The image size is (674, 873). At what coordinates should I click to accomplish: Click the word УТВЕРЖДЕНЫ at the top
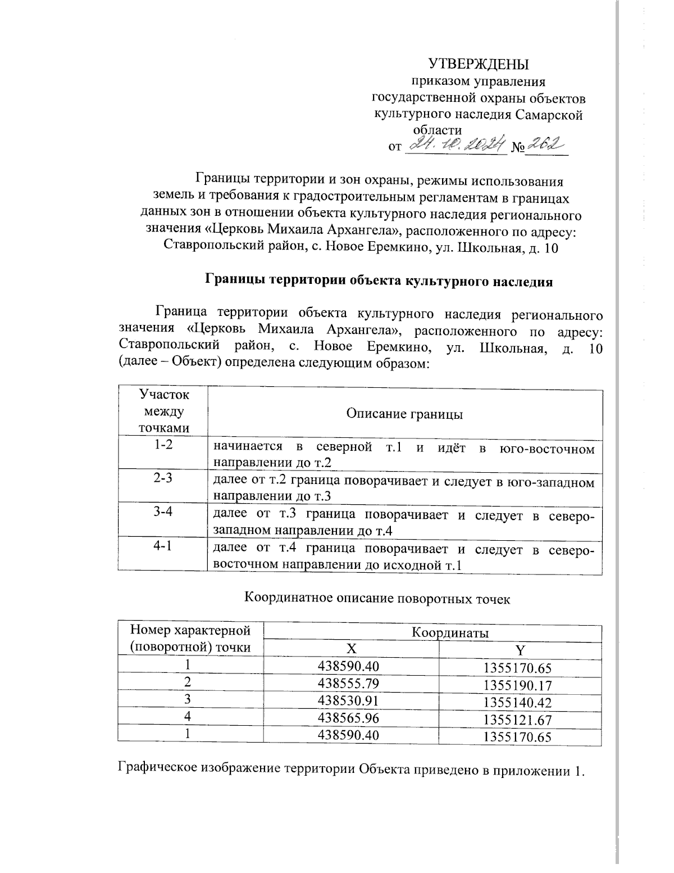[479, 63]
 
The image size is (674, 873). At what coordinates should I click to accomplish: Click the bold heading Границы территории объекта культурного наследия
[379, 280]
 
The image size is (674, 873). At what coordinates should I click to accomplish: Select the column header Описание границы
[404, 414]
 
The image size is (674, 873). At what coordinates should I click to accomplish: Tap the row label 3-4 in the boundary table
[163, 514]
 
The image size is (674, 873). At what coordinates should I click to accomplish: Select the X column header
[350, 649]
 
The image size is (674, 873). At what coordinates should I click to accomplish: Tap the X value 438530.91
[349, 700]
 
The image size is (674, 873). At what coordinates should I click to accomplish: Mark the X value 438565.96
[349, 718]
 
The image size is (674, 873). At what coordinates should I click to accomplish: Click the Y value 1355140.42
[518, 703]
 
